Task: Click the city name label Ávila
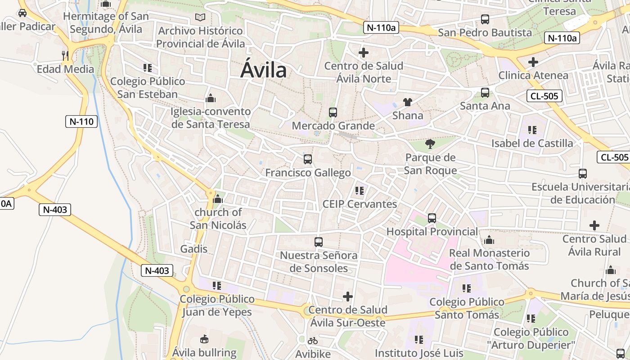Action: (x=264, y=70)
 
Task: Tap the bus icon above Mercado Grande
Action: (x=333, y=112)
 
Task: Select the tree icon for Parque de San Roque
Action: (x=430, y=144)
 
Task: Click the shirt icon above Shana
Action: (x=408, y=102)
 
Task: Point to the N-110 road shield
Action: (x=81, y=121)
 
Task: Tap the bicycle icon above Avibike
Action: (x=313, y=341)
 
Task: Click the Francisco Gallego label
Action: (x=308, y=173)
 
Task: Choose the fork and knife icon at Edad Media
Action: (x=65, y=55)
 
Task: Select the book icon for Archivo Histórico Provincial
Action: (x=200, y=18)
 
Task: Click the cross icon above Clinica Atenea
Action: (x=533, y=62)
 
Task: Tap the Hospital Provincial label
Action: (x=432, y=231)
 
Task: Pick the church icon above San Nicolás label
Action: (x=218, y=198)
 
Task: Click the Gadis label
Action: (x=194, y=249)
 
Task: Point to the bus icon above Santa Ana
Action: (x=485, y=93)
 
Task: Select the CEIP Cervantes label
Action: (x=360, y=204)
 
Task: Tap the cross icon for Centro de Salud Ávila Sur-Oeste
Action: (x=348, y=297)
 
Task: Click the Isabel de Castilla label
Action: (x=532, y=144)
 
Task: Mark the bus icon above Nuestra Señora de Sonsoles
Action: (x=319, y=242)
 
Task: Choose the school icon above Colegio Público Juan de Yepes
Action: (x=217, y=286)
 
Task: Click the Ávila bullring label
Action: (x=204, y=352)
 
